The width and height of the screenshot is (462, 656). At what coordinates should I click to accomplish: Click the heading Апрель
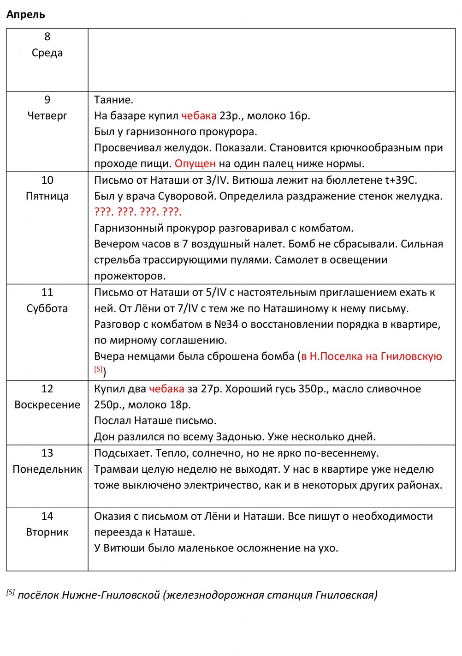(x=26, y=15)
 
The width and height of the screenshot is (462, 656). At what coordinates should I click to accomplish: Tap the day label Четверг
(x=47, y=115)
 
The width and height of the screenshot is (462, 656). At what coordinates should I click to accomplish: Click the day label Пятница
(x=47, y=196)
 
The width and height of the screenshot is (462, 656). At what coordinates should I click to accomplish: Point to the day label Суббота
(x=47, y=308)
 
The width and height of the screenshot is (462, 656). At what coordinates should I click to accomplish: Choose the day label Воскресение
(x=47, y=404)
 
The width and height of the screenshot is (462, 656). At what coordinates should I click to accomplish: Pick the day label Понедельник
(x=47, y=469)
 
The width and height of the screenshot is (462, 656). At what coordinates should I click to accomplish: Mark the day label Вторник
(x=47, y=532)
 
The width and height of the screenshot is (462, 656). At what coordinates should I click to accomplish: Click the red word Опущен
(x=195, y=163)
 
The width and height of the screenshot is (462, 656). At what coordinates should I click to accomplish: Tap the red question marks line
(x=138, y=212)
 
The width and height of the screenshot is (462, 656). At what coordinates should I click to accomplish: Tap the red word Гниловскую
(x=411, y=356)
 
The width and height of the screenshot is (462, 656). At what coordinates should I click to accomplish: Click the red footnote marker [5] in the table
(x=98, y=369)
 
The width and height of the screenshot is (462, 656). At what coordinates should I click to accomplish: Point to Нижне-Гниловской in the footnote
(x=111, y=595)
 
